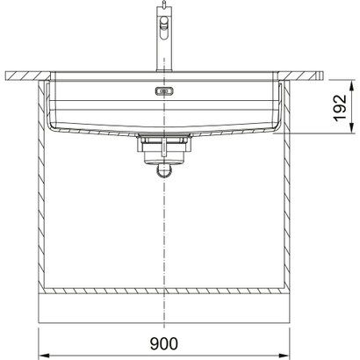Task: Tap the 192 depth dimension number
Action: click(338, 106)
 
